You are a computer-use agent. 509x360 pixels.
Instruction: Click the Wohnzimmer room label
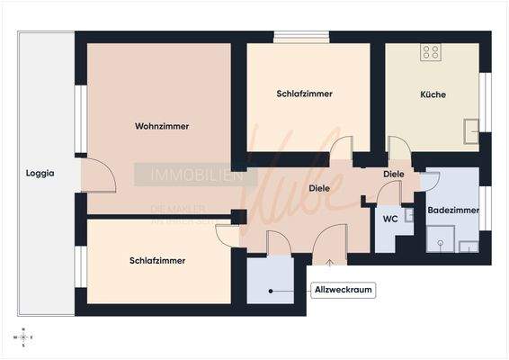[x=162, y=126]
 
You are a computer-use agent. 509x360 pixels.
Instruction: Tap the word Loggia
[x=40, y=174]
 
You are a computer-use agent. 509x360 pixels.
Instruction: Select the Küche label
[x=433, y=94]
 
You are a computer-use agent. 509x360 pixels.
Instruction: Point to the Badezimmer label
[x=452, y=210]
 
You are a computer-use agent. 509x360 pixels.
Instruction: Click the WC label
[x=390, y=219]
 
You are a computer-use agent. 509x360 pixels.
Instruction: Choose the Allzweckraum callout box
[x=342, y=290]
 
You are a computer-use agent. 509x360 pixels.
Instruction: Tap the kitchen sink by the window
[x=470, y=131]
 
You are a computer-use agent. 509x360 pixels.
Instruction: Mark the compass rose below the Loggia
[x=22, y=337]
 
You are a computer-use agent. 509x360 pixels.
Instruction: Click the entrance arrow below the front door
[x=330, y=262]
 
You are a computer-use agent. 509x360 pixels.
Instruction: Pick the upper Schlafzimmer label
[x=305, y=94]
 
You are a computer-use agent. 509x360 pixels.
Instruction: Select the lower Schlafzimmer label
[x=157, y=260]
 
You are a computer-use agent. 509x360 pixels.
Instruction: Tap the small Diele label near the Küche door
[x=393, y=174]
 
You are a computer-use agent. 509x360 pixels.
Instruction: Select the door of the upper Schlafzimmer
[x=341, y=151]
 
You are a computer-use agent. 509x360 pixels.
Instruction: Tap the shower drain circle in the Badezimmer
[x=441, y=243]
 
